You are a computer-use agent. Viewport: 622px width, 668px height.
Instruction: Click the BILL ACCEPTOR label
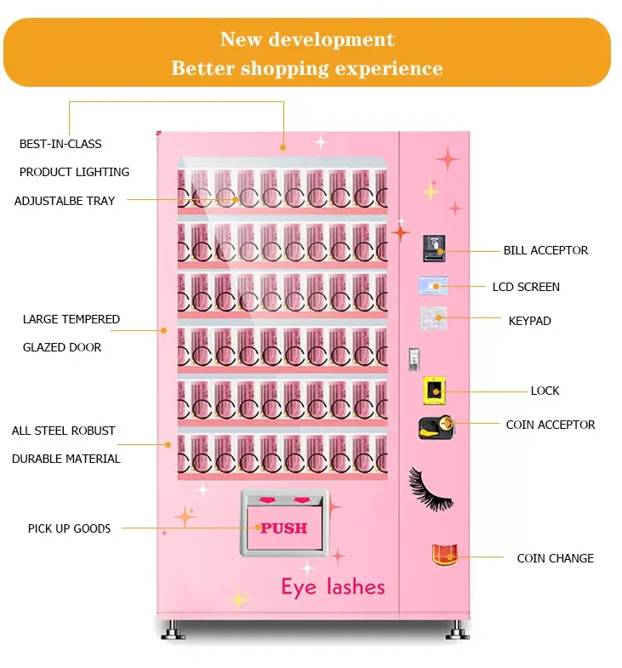pyautogui.click(x=545, y=250)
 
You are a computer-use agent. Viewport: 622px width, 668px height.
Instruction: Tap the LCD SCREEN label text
pyautogui.click(x=526, y=287)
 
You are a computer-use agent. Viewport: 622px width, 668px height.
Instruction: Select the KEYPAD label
pyautogui.click(x=529, y=321)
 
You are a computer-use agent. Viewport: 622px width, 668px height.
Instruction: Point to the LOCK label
pyautogui.click(x=545, y=391)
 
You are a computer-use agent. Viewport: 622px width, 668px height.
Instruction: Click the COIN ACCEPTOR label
pyautogui.click(x=551, y=425)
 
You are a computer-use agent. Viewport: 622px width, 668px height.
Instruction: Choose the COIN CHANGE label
pyautogui.click(x=555, y=558)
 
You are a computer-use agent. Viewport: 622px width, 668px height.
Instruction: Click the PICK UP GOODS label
pyautogui.click(x=69, y=528)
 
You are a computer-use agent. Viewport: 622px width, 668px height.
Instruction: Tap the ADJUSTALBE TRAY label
pyautogui.click(x=65, y=201)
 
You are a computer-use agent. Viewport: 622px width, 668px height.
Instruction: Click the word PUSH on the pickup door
pyautogui.click(x=284, y=528)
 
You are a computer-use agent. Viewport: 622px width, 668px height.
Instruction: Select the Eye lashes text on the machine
pyautogui.click(x=333, y=586)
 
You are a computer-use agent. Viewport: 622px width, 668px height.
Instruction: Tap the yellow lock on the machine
pyautogui.click(x=434, y=391)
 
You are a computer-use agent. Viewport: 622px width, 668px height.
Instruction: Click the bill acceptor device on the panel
pyautogui.click(x=433, y=248)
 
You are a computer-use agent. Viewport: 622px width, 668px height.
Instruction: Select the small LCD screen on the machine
pyautogui.click(x=432, y=285)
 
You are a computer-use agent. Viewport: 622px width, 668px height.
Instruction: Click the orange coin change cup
pyautogui.click(x=444, y=556)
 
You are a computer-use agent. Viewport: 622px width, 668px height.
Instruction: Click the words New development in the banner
pyautogui.click(x=307, y=39)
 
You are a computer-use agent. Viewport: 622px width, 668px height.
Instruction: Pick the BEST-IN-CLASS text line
pyautogui.click(x=60, y=144)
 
